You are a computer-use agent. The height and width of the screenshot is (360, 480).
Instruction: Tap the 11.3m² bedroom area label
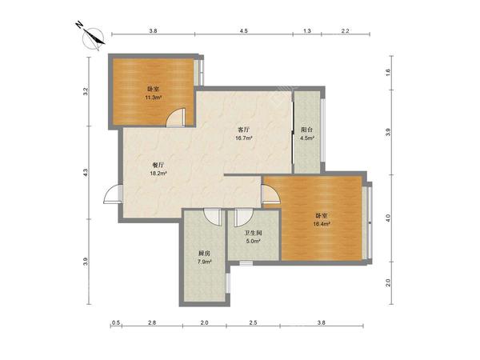pos(154,98)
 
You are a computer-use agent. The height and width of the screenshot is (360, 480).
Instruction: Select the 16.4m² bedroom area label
pos(322,224)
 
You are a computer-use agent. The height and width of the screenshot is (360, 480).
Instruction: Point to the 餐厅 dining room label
pos(158,166)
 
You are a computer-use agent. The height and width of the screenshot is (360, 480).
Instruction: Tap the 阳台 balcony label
pos(306,130)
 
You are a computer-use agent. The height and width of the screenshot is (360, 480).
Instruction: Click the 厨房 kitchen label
pos(204,254)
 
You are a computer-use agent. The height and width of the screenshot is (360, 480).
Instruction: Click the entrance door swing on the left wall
pos(113,194)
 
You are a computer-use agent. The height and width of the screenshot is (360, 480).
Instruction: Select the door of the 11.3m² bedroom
pos(176,117)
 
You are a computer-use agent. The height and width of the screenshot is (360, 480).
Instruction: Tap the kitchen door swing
pos(213,217)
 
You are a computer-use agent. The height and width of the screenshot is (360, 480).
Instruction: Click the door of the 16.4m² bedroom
pos(271,194)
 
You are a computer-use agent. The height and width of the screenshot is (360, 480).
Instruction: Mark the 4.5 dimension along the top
pos(244,30)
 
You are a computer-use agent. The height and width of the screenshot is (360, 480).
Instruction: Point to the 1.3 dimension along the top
pos(307,30)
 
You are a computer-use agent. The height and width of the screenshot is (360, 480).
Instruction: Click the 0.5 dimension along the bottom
pos(116,322)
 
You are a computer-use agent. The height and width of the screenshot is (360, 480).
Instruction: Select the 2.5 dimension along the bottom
pos(253,322)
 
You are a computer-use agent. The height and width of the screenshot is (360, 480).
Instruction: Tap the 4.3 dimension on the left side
pos(86,172)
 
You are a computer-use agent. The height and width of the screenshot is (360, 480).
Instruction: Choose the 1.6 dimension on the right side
pos(388,72)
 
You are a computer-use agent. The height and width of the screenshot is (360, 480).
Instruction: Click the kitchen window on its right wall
pos(227,282)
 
